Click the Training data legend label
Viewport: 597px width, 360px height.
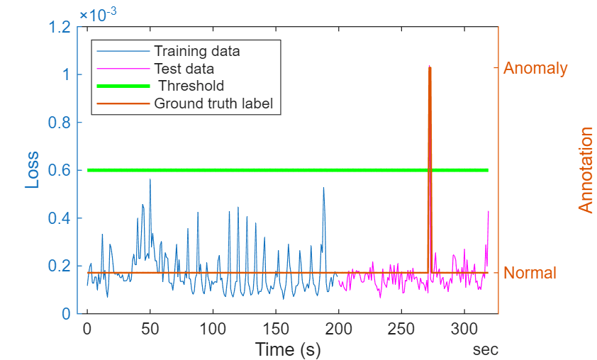[196, 51]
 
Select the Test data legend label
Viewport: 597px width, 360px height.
[184, 69]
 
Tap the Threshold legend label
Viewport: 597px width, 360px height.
[191, 86]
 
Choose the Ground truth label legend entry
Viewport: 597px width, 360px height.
[213, 103]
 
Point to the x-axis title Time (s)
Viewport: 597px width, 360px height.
[287, 349]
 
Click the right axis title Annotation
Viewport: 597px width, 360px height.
[586, 170]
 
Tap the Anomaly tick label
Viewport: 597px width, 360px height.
[535, 69]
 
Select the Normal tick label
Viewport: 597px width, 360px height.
[530, 273]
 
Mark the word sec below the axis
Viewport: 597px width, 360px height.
[486, 349]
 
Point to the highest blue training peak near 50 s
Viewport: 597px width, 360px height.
[150, 180]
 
